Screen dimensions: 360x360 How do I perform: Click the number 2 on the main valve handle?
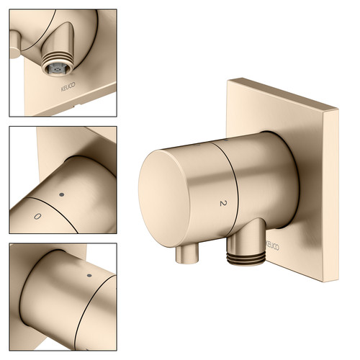point(223,204)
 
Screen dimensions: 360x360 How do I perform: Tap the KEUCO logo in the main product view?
point(273,246)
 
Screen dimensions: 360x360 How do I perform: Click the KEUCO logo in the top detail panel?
point(68,87)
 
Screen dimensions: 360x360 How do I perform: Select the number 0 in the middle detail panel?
point(37,217)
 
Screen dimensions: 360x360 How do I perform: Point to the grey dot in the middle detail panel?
point(62,194)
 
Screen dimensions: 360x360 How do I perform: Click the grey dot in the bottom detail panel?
point(89,275)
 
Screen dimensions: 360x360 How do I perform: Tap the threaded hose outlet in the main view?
point(246,258)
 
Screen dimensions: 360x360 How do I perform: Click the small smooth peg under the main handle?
point(187,254)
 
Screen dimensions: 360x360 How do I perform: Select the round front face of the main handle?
point(164,198)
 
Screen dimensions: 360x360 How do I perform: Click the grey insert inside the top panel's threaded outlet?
point(57,70)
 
